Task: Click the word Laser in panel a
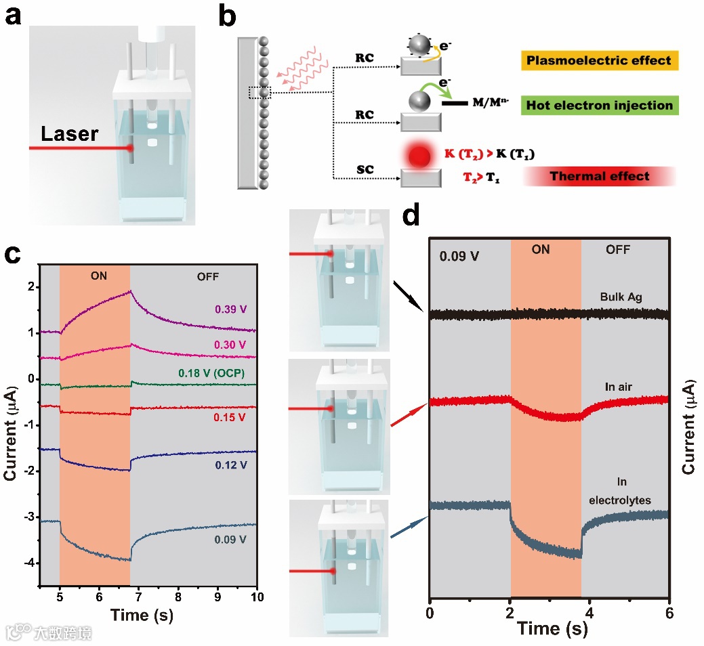69,133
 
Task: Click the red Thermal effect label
599,177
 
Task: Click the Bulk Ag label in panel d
621,297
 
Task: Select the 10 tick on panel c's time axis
257,598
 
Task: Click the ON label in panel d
541,250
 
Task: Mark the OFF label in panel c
207,276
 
